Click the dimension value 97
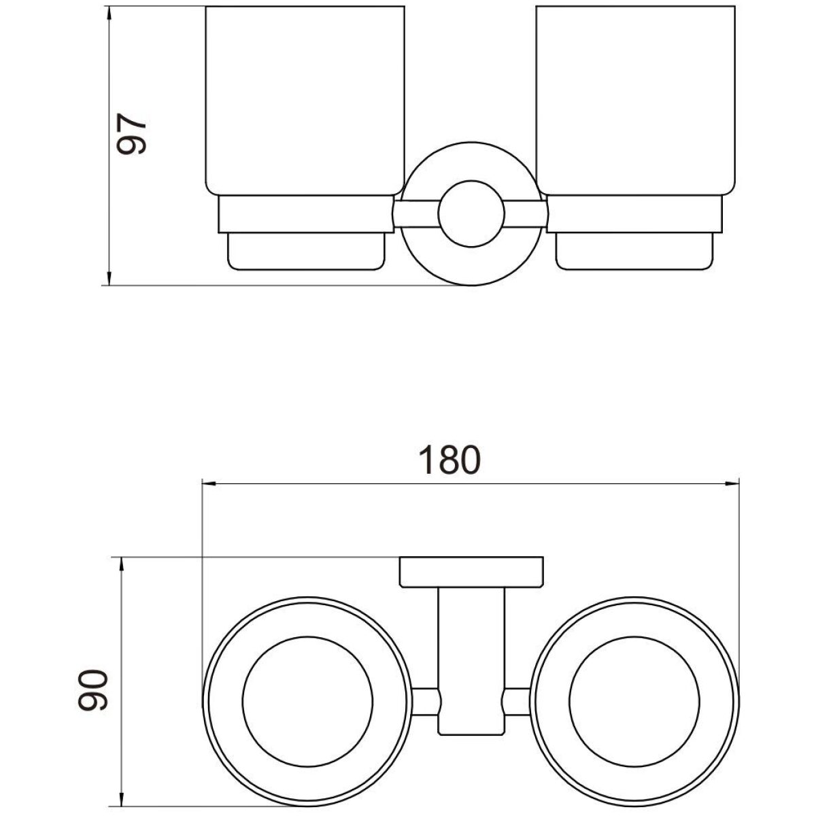point(131,134)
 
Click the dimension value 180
point(449,460)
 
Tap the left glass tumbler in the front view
point(305,101)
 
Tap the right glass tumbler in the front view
point(635,101)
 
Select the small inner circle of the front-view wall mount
point(471,214)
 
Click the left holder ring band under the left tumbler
point(306,214)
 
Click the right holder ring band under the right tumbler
point(634,214)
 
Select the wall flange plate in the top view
point(471,572)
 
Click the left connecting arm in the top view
point(426,701)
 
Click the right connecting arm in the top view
point(517,701)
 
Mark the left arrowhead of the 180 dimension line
point(210,483)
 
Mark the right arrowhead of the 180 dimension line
point(730,483)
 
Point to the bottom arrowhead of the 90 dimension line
point(122,802)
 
